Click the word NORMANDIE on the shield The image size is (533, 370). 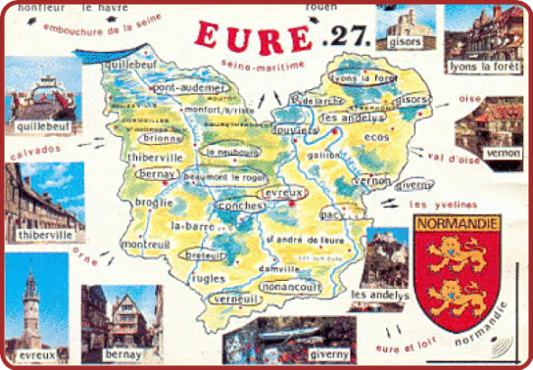tap(458, 223)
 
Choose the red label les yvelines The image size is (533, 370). tap(442, 205)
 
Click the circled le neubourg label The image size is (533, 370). tap(227, 153)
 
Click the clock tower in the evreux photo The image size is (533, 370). tap(32, 303)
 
